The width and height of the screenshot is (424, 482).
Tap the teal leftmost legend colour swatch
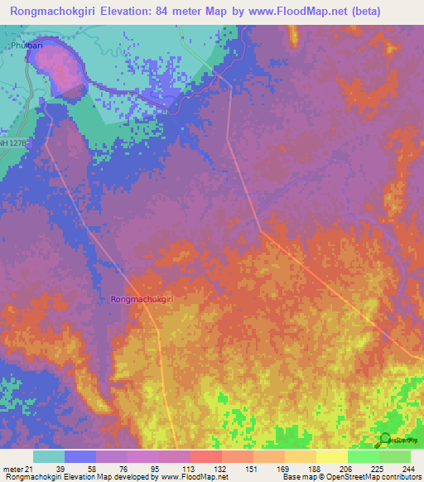48,456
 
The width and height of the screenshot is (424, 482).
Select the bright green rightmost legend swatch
394,456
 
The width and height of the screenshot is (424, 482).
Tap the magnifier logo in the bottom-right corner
384,438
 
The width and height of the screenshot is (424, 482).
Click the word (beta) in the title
388,11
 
